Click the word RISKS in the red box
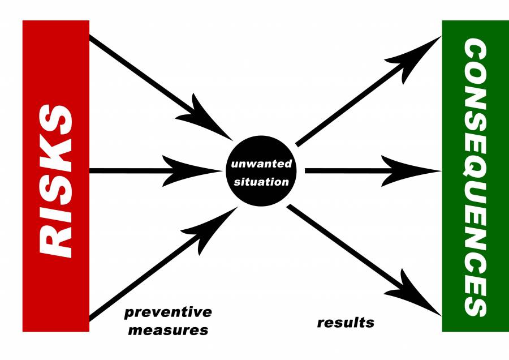[56, 176]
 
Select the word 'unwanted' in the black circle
[261, 165]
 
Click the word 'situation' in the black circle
[261, 182]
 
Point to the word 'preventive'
[168, 312]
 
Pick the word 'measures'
[168, 329]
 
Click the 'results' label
[346, 323]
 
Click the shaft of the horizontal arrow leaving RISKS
[130, 170]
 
